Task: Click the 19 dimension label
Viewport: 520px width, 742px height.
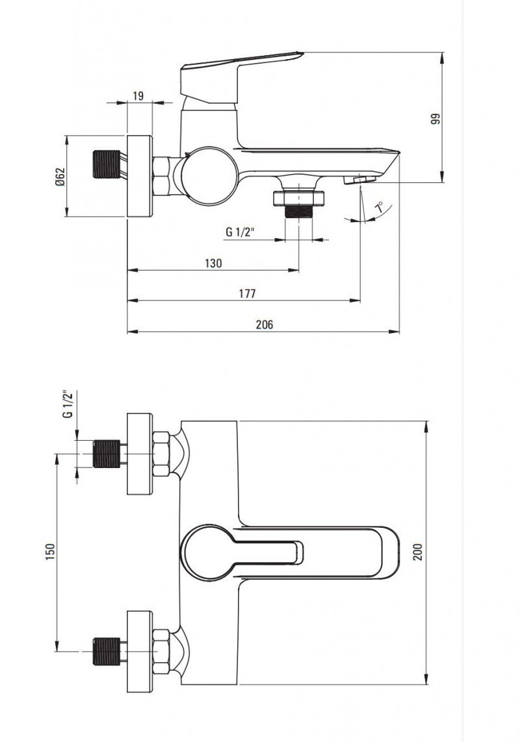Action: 138,96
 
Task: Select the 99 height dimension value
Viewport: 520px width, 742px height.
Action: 436,118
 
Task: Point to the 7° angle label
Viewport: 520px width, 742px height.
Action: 380,208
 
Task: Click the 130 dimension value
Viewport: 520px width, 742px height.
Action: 213,263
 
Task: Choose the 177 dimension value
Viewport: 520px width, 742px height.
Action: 247,293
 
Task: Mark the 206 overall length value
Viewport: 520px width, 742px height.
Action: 265,325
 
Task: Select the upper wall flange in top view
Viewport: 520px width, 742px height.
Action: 139,454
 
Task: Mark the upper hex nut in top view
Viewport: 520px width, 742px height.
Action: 161,454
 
